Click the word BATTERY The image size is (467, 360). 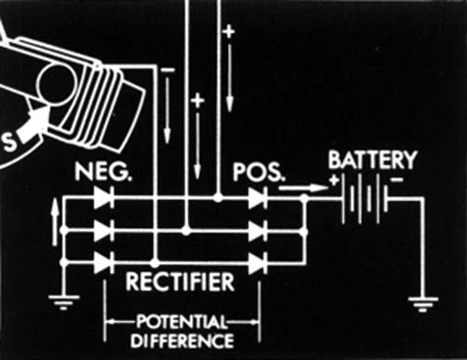coord(373,160)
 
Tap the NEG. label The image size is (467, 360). coord(103,172)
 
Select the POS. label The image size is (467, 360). coord(259,172)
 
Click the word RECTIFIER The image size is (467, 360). coord(180,281)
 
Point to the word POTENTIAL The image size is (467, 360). coord(181,322)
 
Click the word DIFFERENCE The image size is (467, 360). coord(182,340)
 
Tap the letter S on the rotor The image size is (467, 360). coord(9,142)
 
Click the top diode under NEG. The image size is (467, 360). coord(103,197)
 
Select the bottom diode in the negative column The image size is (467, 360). coord(103,262)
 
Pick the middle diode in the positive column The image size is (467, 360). coord(258,231)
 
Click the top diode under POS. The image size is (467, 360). coord(258,198)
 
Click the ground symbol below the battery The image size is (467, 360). coord(423,304)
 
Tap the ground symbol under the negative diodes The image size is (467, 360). coord(64,302)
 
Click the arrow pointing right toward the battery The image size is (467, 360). coord(303,188)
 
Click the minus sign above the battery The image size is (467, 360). coord(397,179)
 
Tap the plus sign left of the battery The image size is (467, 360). coord(334,180)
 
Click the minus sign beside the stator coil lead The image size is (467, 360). coord(168,70)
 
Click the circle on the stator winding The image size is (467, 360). coord(56,85)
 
